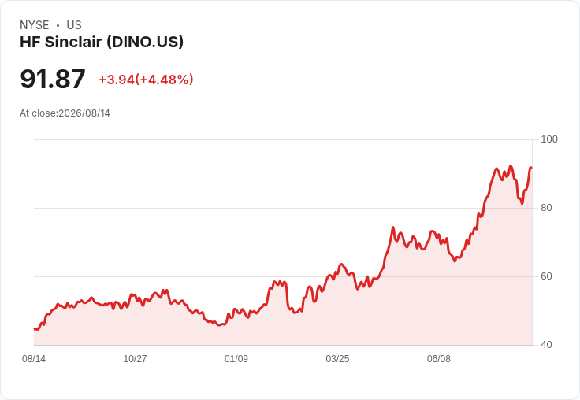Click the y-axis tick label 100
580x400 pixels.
pos(549,139)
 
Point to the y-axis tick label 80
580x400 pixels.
pos(546,208)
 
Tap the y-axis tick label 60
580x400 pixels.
pos(546,276)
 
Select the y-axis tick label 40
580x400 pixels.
pos(546,345)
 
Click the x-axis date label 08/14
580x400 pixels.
pos(34,359)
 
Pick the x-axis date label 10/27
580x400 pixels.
pos(135,359)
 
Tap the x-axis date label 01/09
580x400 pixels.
pos(236,359)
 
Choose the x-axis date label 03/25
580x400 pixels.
pos(337,359)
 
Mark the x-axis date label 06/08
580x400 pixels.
pos(439,359)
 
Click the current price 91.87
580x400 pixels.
pos(53,79)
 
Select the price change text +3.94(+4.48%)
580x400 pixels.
pos(146,80)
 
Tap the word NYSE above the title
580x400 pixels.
pos(35,25)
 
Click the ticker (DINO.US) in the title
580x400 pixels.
pos(145,42)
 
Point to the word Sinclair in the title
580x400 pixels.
pos(73,42)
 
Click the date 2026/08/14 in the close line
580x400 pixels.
pos(84,113)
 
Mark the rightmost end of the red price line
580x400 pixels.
pos(531,168)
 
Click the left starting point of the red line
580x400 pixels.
pos(35,329)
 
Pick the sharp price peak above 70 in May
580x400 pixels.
pos(392,228)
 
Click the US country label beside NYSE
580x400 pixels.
pos(74,25)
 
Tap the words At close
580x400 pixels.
pos(38,113)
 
